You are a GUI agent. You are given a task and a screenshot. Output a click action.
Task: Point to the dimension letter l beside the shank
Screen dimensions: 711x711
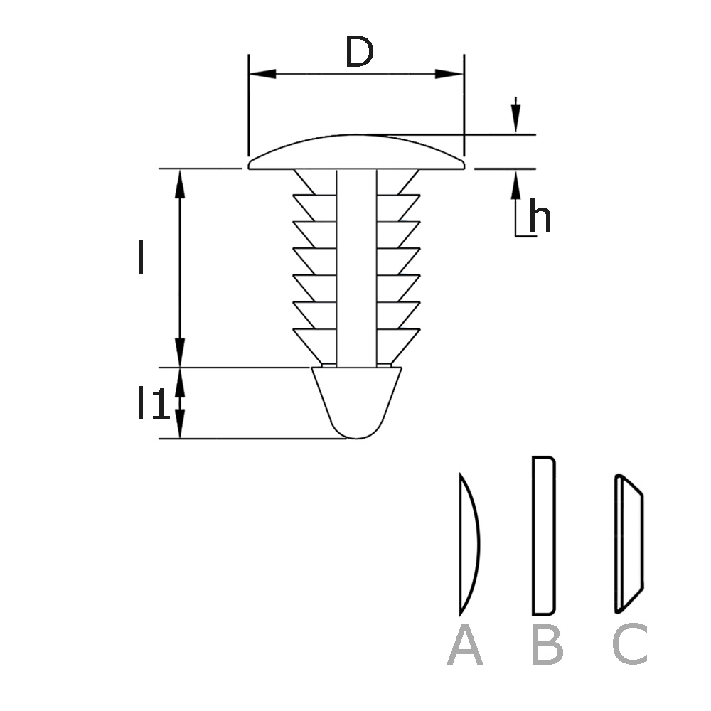coord(141,257)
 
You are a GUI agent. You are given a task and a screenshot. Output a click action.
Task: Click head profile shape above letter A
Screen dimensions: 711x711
coord(469,544)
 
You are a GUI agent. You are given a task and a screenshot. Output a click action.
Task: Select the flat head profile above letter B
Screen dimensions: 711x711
coord(543,535)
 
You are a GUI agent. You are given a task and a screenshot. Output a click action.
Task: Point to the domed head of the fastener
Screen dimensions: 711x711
coord(356,153)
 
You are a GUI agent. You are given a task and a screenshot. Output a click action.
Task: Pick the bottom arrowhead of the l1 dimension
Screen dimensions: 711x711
coord(180,426)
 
